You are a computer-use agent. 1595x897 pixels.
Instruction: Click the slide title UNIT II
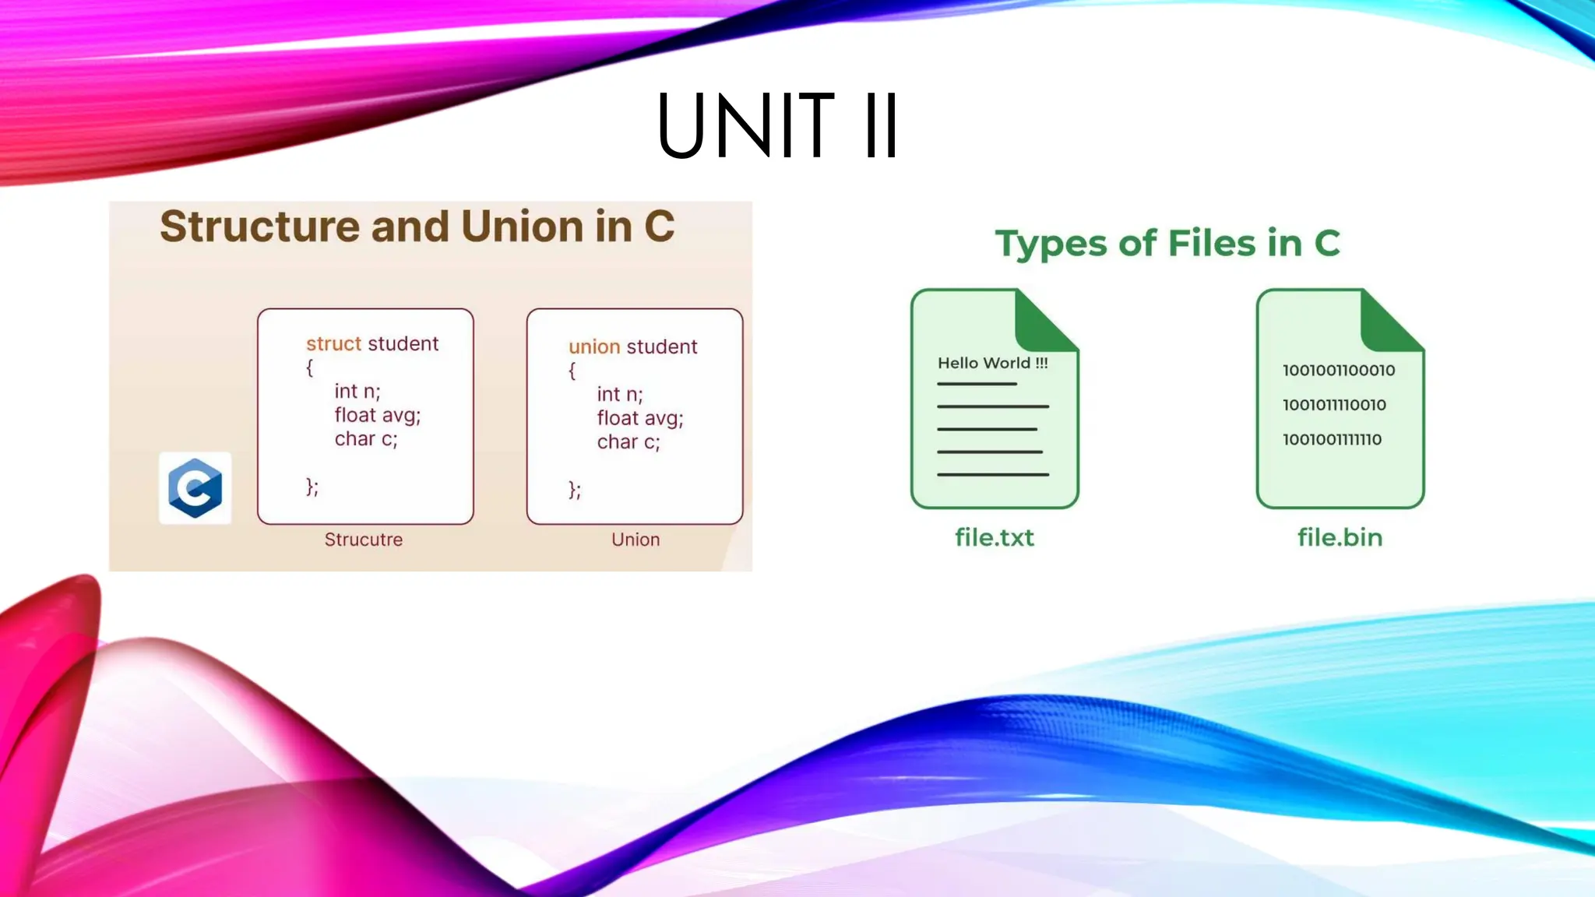[x=777, y=125]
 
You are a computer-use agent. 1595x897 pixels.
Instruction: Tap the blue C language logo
[x=195, y=488]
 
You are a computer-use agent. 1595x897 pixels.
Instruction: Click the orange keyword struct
[x=333, y=343]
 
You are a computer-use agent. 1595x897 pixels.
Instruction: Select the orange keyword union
[x=594, y=346]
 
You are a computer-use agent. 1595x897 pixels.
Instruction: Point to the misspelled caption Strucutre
[x=364, y=540]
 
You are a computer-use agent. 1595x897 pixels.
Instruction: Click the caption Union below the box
[x=636, y=540]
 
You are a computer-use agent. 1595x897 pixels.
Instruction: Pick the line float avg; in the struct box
[x=378, y=415]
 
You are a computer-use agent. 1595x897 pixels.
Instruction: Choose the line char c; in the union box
[x=628, y=442]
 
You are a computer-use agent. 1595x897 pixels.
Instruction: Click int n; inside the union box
[x=620, y=394]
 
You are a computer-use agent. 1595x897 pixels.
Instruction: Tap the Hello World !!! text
[x=992, y=363]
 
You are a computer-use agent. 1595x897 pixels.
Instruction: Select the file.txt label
[x=995, y=537]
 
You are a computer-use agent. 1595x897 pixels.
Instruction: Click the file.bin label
[x=1340, y=537]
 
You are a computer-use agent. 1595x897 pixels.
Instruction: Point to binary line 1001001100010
[x=1339, y=371]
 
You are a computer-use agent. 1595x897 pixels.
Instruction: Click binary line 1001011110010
[x=1334, y=405]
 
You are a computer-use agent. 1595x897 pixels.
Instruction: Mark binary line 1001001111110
[x=1332, y=439]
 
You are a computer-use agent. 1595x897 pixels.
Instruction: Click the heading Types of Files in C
[x=1167, y=243]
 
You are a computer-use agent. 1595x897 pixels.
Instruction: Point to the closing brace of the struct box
[x=312, y=487]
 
